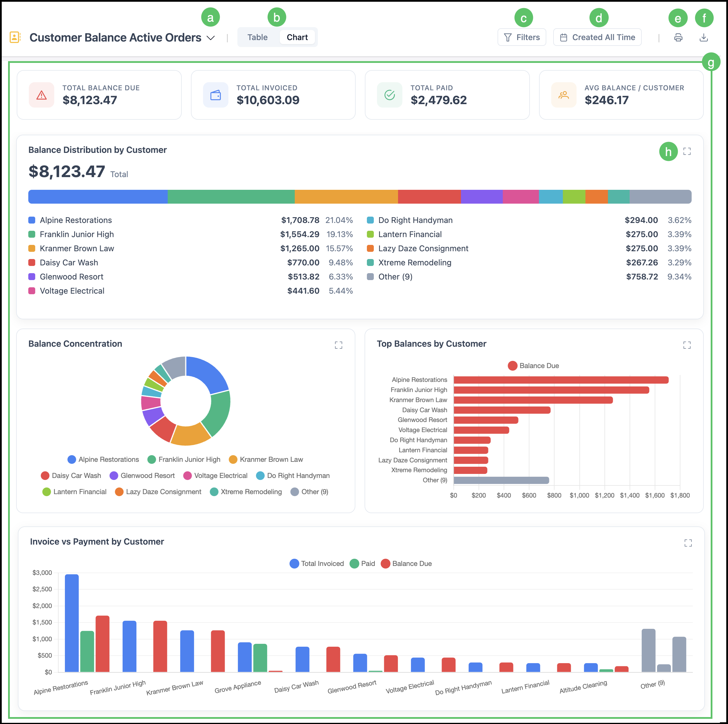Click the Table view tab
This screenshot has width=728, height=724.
click(257, 37)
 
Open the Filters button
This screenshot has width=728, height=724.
click(521, 37)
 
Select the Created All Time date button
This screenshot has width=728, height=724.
click(597, 37)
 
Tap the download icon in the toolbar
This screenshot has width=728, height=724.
click(703, 37)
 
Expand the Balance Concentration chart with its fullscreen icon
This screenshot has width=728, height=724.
click(338, 345)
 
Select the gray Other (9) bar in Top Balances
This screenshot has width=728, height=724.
click(501, 480)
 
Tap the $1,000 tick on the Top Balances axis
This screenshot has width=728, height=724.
click(579, 495)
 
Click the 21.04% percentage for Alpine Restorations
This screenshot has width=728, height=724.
click(339, 220)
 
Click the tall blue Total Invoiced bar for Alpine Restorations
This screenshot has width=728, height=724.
click(72, 623)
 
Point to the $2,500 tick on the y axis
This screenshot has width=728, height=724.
click(42, 589)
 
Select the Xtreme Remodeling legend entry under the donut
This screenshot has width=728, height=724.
click(246, 492)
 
